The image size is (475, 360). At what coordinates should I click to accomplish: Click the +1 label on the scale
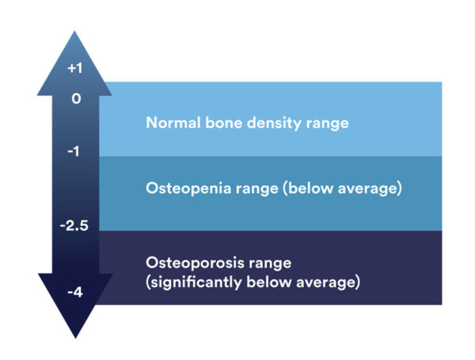(74, 69)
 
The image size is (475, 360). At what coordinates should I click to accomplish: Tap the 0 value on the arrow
(76, 100)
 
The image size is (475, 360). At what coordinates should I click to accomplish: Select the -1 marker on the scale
(74, 151)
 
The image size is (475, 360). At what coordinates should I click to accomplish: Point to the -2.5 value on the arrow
(74, 225)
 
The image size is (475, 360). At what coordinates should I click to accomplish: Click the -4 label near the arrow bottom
(74, 292)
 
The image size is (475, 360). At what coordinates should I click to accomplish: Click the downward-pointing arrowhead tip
(74, 335)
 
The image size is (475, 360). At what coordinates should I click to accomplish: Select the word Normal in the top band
(169, 123)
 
